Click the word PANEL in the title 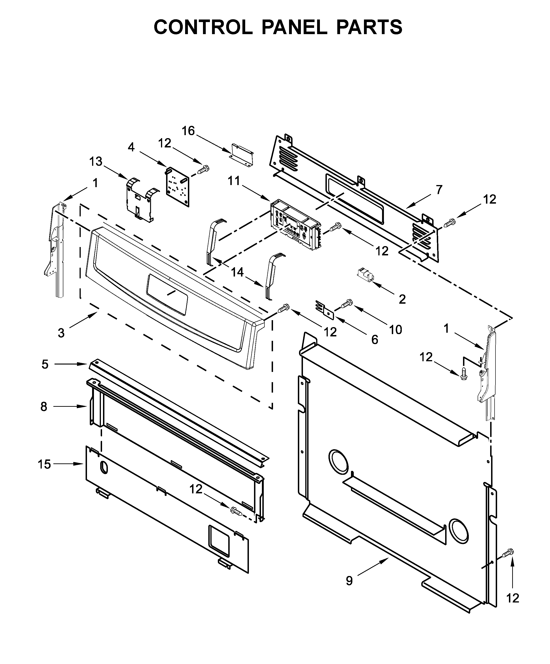[294, 27]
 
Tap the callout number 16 [188, 130]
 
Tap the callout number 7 [439, 189]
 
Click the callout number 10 [396, 329]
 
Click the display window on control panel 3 [167, 294]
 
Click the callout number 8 [44, 406]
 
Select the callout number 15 [44, 464]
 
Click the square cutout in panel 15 [219, 540]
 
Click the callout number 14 [237, 272]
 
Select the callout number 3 [61, 333]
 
